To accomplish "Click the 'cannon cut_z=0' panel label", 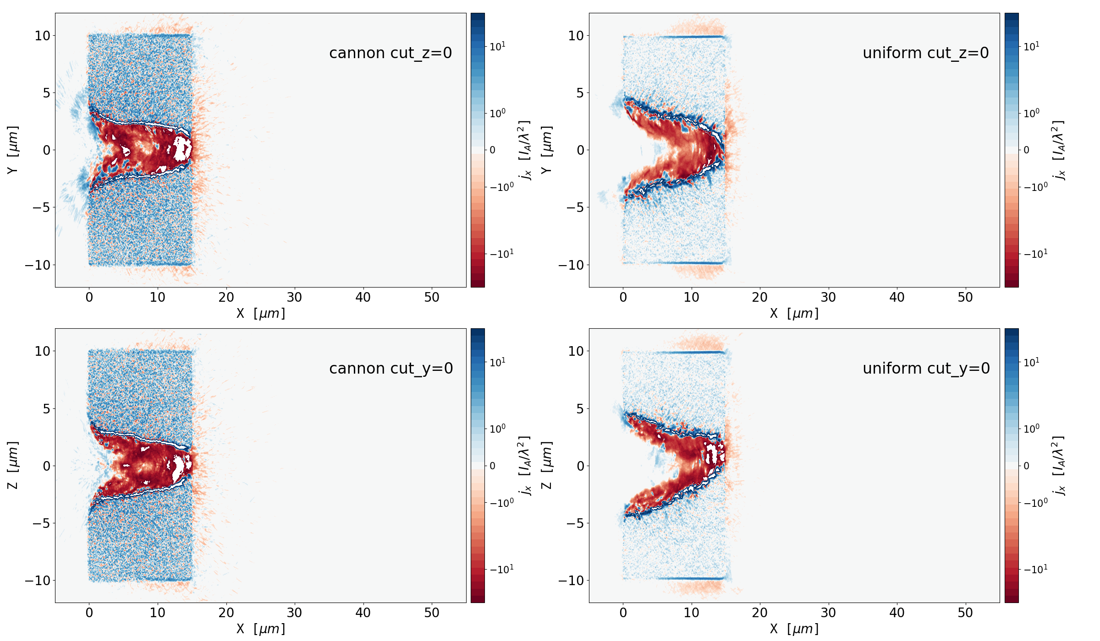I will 390,53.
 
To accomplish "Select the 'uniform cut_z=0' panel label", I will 925,53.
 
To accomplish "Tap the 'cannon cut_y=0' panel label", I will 391,369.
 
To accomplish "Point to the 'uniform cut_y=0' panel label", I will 926,369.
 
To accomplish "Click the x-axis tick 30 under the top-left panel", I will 294,298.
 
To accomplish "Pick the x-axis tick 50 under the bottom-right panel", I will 965,613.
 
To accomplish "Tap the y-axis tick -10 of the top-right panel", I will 571,265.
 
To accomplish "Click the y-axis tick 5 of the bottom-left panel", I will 46,409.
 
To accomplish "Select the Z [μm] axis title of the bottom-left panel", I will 13,465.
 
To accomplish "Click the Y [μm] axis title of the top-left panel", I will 13,150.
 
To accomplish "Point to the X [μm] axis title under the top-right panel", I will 794,314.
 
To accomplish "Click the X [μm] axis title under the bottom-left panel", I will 260,629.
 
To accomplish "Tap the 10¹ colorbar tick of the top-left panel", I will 497,46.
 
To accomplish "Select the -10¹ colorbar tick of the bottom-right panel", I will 1035,569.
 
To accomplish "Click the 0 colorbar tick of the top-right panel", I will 1026,150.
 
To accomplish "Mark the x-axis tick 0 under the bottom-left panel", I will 89,613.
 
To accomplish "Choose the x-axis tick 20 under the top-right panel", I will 759,298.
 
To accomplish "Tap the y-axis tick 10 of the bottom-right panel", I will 576,351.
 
